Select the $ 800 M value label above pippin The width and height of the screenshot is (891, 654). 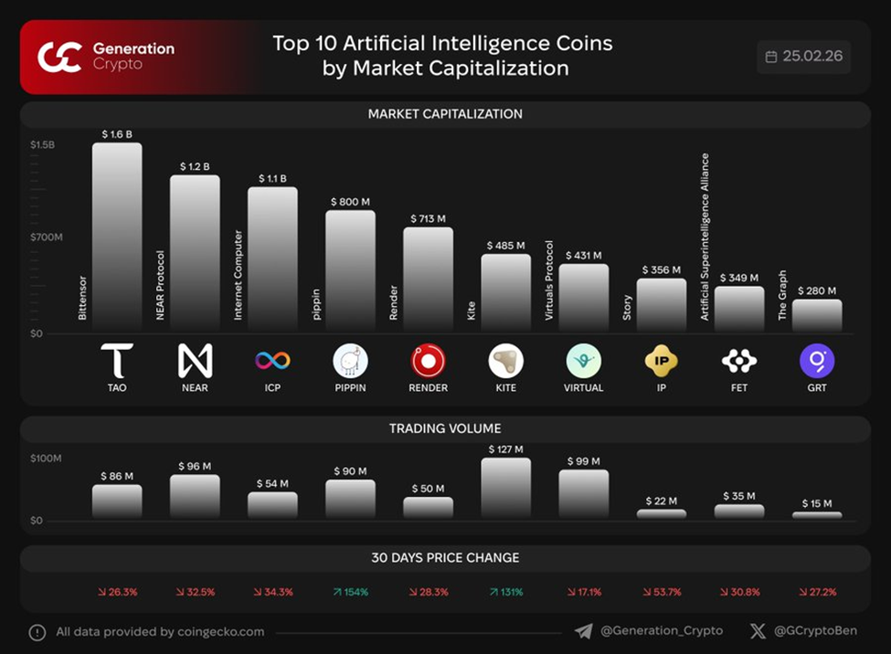(350, 201)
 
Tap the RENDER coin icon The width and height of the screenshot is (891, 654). (428, 362)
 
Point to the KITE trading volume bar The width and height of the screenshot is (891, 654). (505, 488)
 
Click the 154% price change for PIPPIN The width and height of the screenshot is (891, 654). (350, 592)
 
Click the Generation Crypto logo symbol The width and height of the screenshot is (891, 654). (59, 57)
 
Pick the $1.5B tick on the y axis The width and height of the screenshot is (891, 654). (42, 144)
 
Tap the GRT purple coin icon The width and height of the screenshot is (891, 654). (816, 362)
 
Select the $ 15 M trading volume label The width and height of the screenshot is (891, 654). (816, 503)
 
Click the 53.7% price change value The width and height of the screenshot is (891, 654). (662, 592)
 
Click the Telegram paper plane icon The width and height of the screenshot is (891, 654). (583, 631)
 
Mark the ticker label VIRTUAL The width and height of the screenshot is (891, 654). (583, 388)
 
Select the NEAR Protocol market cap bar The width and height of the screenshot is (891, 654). (195, 252)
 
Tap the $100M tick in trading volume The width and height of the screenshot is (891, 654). (46, 458)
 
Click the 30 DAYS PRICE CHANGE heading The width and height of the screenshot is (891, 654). (445, 557)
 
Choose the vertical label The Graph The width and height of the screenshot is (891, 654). (782, 295)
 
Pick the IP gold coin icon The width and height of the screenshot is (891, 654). (661, 362)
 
